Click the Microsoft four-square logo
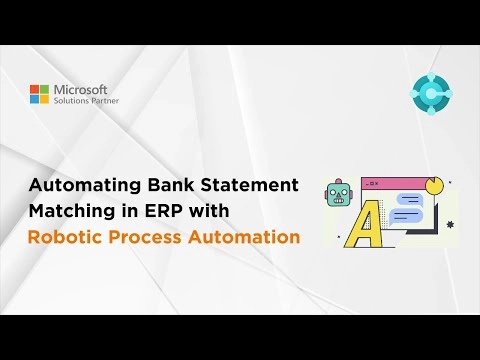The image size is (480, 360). [39, 94]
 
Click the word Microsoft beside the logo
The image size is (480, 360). [83, 88]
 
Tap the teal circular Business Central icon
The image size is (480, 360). [432, 94]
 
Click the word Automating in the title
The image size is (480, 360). [83, 186]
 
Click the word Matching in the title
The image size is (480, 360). [72, 212]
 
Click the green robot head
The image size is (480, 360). [339, 196]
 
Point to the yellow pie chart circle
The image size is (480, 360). [433, 187]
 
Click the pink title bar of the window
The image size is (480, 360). [390, 184]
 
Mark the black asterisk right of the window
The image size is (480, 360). [450, 224]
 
